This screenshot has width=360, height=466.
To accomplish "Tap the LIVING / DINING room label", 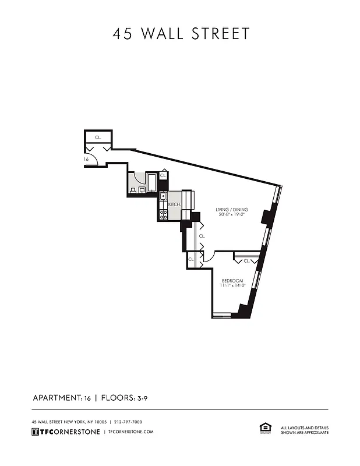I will pos(231,209).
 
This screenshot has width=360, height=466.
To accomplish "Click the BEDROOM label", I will pos(232,281).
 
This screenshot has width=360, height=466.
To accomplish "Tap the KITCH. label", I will pos(174,205).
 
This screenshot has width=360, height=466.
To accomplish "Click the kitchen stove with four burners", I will pos(163,214).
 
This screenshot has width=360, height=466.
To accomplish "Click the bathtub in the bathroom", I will pos(151,182).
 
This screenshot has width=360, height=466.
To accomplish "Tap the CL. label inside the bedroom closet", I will pos(246,261).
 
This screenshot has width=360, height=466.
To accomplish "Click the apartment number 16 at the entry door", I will pos(86,159).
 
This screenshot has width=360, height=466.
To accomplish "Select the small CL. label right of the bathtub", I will pos(163,175).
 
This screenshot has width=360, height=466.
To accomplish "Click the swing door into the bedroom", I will pos(209,256).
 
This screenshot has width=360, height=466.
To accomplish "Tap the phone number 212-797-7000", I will pos(128,422).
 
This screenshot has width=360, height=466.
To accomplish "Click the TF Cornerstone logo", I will pos(65,432).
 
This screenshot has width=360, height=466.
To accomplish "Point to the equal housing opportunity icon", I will pos(264,428).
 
